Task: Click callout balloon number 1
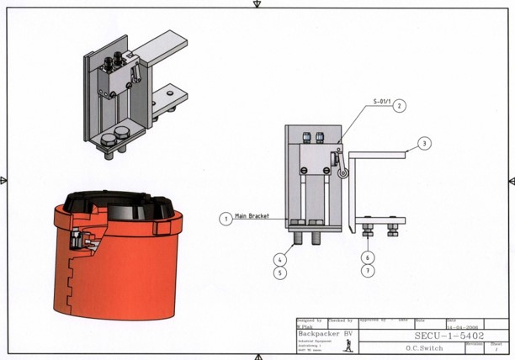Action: click(x=226, y=219)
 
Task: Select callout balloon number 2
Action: click(x=400, y=107)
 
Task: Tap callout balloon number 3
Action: click(x=425, y=144)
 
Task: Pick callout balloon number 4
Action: click(x=279, y=260)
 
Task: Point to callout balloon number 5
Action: click(x=279, y=273)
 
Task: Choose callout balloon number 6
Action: click(x=369, y=258)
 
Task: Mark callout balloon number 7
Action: click(x=369, y=271)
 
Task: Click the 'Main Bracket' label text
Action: click(x=251, y=216)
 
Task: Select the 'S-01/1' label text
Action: click(x=382, y=101)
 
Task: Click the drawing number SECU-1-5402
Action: click(x=449, y=336)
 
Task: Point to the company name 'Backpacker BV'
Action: click(x=325, y=334)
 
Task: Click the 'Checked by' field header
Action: click(x=340, y=320)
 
